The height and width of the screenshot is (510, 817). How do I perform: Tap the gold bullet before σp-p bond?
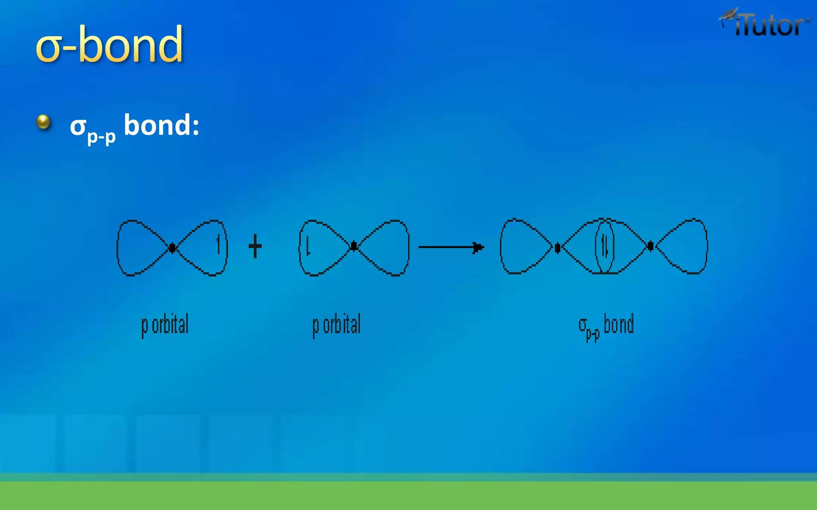43,122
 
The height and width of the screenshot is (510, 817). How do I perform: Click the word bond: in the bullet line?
161,125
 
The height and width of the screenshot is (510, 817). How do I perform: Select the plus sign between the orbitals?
255,246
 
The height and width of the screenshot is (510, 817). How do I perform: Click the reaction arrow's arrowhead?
478,247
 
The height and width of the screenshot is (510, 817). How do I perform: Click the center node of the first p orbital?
172,248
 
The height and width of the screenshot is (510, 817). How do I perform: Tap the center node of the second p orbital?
354,247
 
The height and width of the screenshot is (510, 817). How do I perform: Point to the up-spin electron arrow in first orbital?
218,244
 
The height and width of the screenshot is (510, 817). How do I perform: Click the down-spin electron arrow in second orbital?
308,246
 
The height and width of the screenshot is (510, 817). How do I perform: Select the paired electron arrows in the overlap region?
605,246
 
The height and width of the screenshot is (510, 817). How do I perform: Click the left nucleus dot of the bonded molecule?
557,248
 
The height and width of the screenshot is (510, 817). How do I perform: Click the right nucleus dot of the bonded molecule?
650,246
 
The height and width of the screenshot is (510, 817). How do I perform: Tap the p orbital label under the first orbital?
165,325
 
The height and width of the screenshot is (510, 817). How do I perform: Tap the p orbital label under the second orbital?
336,325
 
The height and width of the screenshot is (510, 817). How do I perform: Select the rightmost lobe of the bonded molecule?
686,246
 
